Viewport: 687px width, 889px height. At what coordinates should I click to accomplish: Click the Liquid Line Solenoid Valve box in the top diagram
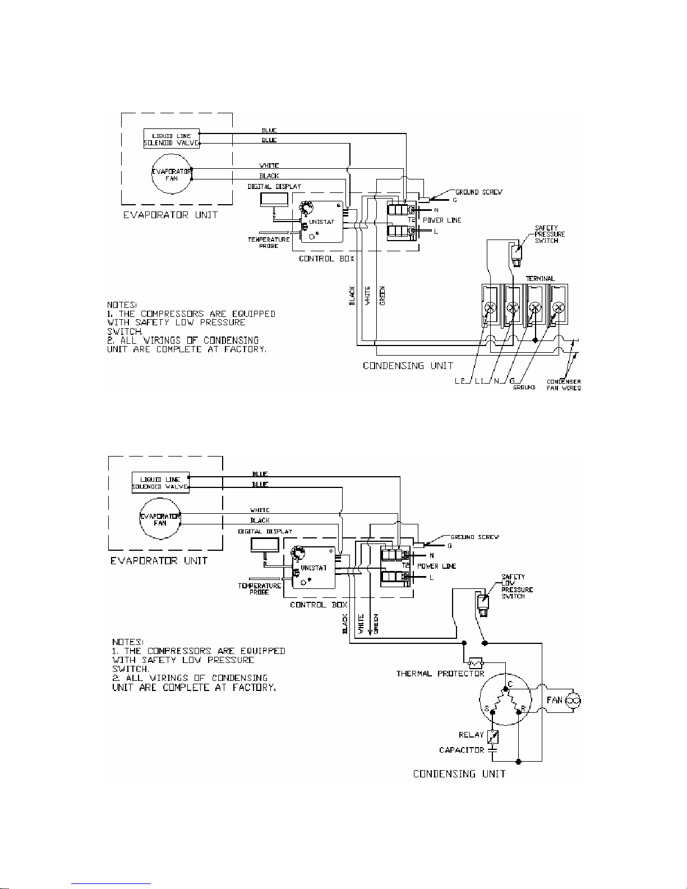pyautogui.click(x=171, y=139)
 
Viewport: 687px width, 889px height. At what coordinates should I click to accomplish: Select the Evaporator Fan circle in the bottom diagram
pyautogui.click(x=160, y=519)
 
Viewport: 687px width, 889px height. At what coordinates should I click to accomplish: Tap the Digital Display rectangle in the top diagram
pyautogui.click(x=274, y=200)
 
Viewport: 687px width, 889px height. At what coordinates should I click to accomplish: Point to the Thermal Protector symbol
pyautogui.click(x=476, y=662)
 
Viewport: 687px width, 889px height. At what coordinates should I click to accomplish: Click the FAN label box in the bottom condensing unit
pyautogui.click(x=555, y=700)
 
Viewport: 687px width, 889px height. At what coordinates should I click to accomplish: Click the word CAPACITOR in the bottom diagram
pyautogui.click(x=461, y=750)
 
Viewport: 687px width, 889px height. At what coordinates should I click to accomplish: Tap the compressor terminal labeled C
pyautogui.click(x=509, y=685)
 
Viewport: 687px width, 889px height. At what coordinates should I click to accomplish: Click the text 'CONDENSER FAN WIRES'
pyautogui.click(x=564, y=385)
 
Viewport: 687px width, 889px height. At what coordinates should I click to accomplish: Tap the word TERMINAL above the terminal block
pyautogui.click(x=540, y=278)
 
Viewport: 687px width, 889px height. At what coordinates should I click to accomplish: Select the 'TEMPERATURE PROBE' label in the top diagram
pyautogui.click(x=269, y=242)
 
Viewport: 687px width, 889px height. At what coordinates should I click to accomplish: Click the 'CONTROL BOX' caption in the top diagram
pyautogui.click(x=326, y=259)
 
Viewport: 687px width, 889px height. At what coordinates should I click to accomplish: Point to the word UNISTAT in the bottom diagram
pyautogui.click(x=313, y=568)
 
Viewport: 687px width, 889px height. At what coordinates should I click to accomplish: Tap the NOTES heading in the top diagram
pyautogui.click(x=120, y=305)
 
